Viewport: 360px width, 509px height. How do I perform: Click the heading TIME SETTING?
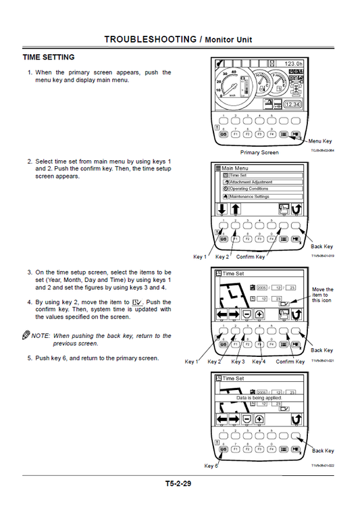click(x=49, y=57)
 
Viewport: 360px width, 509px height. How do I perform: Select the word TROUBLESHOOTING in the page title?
click(x=150, y=39)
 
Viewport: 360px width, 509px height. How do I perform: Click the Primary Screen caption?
click(x=259, y=153)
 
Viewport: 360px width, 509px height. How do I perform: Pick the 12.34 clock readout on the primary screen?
click(x=292, y=105)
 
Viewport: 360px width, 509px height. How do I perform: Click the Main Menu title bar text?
click(x=235, y=168)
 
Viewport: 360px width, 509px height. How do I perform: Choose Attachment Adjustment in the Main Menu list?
click(x=253, y=182)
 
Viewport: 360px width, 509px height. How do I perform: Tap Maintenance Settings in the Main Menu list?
click(x=253, y=196)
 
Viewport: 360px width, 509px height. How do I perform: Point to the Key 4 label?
click(x=259, y=362)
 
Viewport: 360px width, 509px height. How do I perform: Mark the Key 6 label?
click(x=211, y=466)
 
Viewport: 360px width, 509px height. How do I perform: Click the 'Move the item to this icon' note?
click(x=322, y=295)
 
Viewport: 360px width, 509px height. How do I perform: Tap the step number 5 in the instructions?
click(x=29, y=358)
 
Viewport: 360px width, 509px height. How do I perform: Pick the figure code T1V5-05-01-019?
click(x=322, y=256)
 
